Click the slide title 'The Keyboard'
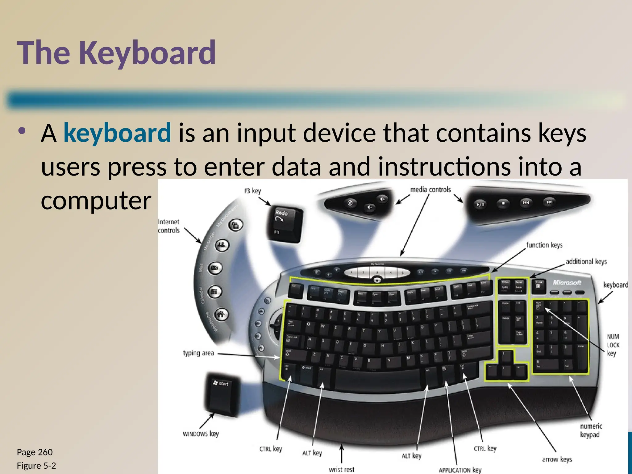pos(116,53)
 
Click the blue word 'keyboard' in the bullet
pos(117,133)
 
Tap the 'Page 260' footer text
pos(35,452)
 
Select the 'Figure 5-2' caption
pos(36,466)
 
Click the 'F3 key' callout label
pos(252,191)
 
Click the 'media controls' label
pos(430,189)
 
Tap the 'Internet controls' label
pos(168,226)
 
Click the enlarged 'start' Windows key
pos(223,394)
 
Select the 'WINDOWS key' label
pos(201,434)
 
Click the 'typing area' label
pos(198,353)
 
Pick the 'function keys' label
pos(544,245)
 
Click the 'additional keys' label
pos(586,262)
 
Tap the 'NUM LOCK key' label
pos(613,345)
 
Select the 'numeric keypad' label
pos(591,430)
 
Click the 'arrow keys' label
pos(557,459)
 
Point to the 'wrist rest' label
pos(341,469)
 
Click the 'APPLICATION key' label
pos(460,470)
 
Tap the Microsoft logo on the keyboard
pos(567,282)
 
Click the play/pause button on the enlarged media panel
pos(480,204)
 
